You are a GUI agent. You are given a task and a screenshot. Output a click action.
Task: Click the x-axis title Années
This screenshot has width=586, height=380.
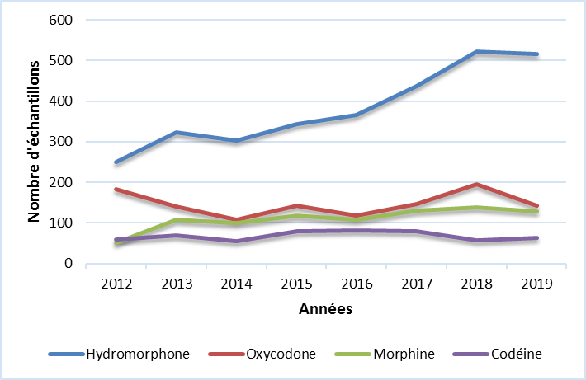[x=325, y=310]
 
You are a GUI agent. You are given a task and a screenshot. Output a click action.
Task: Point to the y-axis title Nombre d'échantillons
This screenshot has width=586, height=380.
[x=35, y=142]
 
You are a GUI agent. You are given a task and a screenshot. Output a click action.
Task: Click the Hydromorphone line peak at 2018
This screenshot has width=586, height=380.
[x=475, y=52]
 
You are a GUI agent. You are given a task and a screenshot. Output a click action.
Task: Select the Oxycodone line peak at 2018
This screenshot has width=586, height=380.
[x=475, y=185]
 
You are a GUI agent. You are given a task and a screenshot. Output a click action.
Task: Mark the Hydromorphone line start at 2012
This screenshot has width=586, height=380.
[x=116, y=162]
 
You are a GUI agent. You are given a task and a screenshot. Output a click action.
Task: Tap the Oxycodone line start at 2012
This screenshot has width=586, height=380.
[x=116, y=190]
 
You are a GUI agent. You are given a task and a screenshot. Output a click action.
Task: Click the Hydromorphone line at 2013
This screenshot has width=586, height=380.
[x=176, y=133]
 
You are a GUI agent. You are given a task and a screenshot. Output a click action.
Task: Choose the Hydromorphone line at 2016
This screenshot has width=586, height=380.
[x=356, y=115]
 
